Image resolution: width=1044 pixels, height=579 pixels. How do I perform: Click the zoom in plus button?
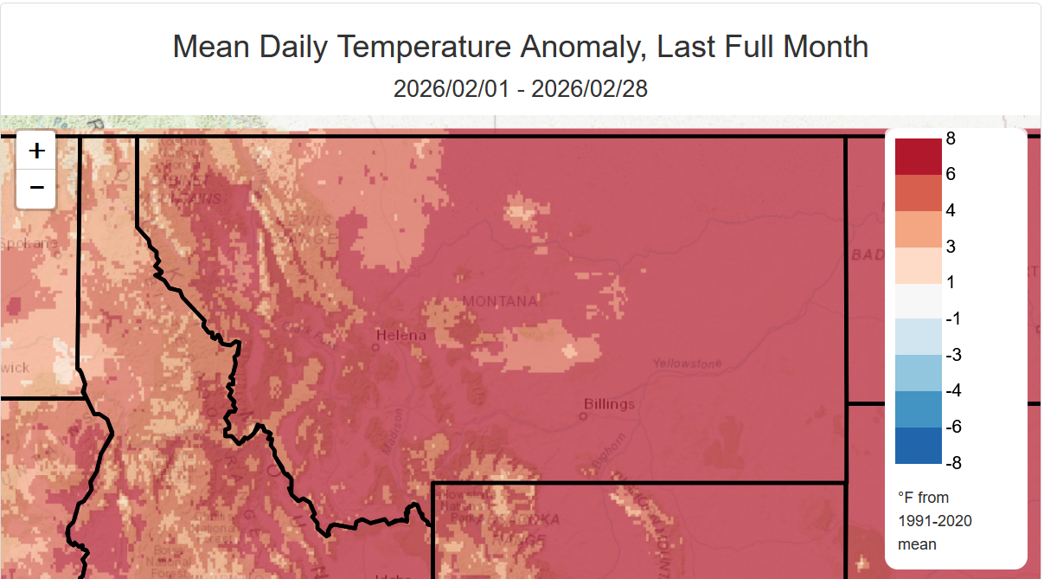click(x=36, y=151)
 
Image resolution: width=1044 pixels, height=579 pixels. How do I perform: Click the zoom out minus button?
click(x=36, y=187)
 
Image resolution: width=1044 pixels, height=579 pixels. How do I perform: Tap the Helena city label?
click(x=401, y=335)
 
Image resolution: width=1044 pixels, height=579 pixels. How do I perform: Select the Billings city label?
click(x=609, y=403)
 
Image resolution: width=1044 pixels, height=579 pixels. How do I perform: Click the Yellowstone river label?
click(x=687, y=363)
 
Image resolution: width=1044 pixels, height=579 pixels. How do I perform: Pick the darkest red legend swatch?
click(x=918, y=157)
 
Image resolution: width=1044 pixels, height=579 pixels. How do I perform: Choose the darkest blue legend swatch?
click(x=918, y=445)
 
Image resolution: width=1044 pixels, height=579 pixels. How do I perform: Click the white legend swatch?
click(x=918, y=301)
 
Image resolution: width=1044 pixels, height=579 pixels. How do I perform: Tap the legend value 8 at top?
click(x=951, y=138)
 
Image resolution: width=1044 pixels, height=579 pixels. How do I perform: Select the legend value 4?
click(x=951, y=210)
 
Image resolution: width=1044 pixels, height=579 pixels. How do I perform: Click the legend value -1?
click(x=954, y=318)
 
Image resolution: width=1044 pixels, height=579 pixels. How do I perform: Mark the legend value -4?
click(x=954, y=390)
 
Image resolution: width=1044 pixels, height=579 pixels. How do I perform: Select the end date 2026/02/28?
click(x=590, y=88)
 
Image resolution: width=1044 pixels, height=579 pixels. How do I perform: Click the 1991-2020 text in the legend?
click(x=935, y=521)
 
